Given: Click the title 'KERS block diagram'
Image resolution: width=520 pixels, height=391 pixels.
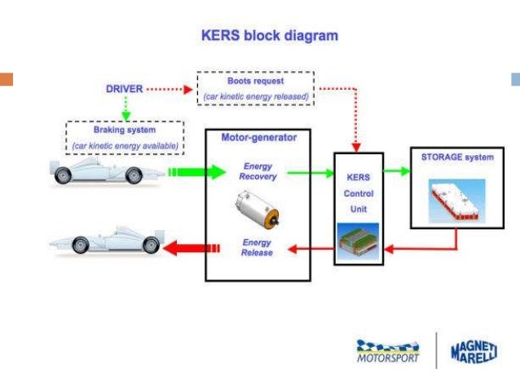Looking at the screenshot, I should (269, 36).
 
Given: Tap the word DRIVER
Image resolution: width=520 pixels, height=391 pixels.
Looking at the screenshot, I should (126, 87).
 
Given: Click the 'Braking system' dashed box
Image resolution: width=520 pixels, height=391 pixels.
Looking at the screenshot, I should (125, 136).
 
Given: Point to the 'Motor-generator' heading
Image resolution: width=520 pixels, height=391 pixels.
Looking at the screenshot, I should (258, 137).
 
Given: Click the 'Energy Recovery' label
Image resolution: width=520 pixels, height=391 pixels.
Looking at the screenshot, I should (259, 171).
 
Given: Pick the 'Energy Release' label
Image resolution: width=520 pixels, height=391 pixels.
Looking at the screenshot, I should (257, 247).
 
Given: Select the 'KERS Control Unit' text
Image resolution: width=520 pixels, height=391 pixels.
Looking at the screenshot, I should (359, 193).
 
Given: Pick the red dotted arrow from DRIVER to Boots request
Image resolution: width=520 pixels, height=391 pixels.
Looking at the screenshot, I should (172, 87).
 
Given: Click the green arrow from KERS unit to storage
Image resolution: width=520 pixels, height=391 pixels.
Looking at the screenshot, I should (396, 171).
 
